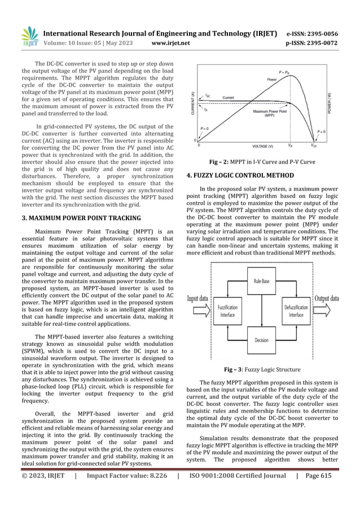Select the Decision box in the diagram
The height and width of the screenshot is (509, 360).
[261, 340]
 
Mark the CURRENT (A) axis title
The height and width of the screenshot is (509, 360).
[192, 104]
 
